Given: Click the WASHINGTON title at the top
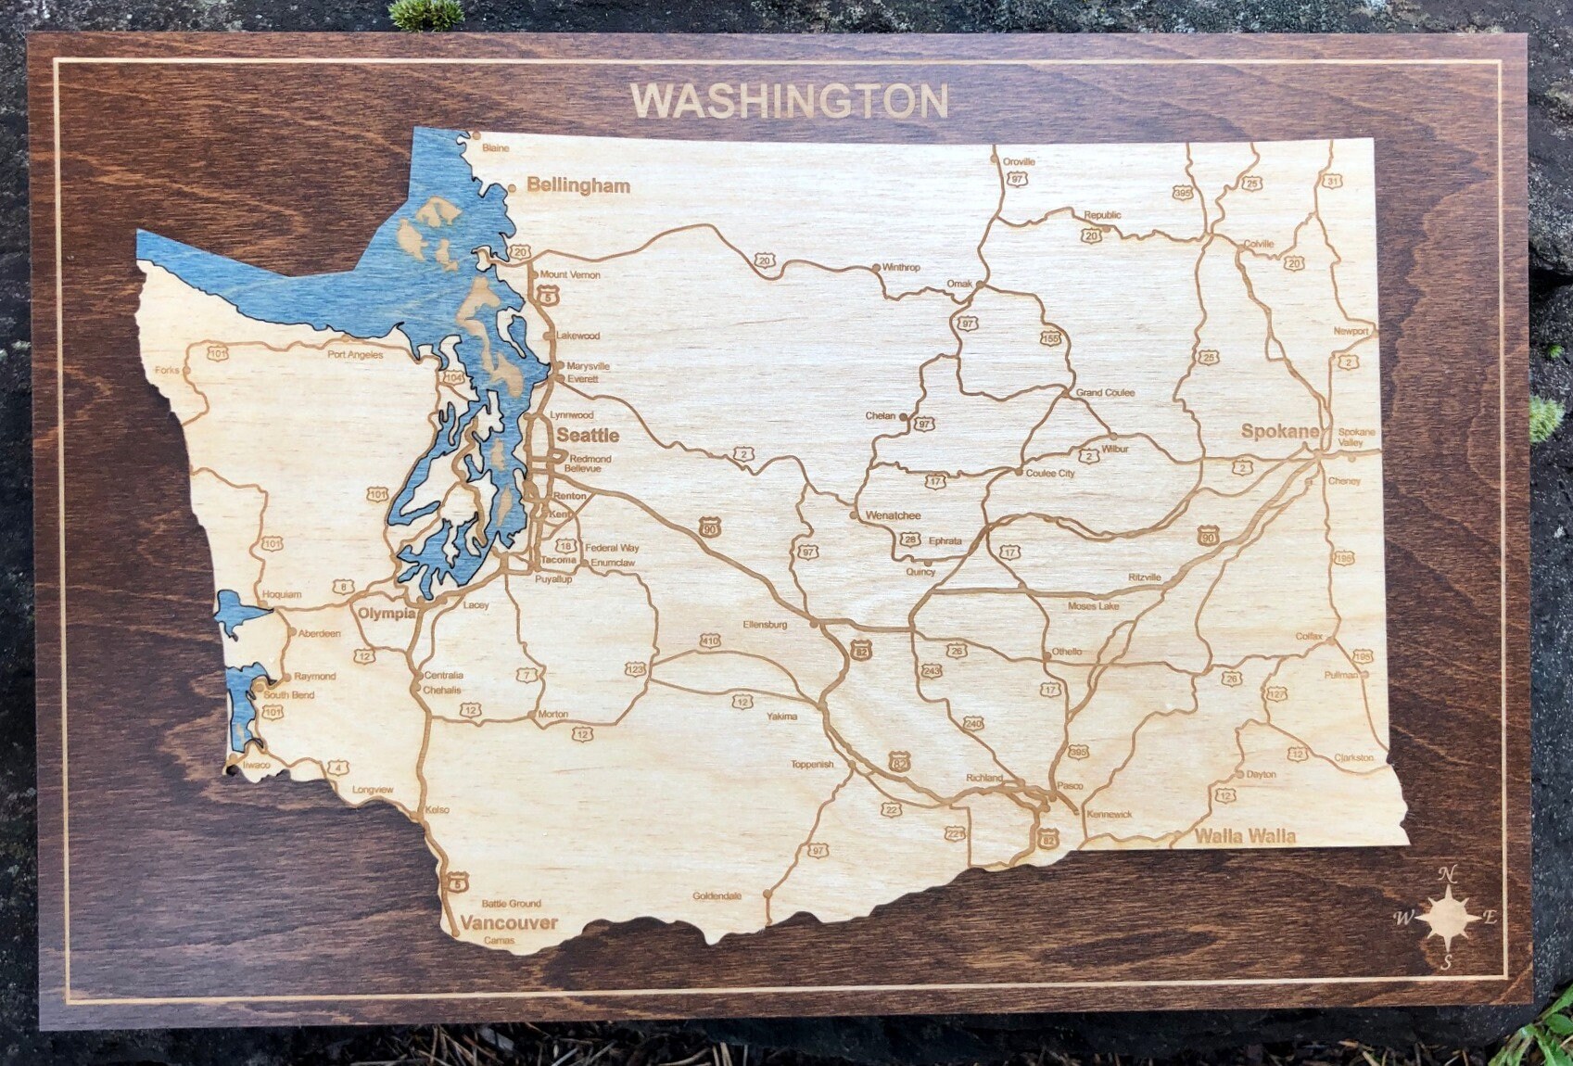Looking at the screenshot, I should point(790,101).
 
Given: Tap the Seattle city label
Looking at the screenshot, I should point(588,435).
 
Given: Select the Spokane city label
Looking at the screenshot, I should point(1279,431).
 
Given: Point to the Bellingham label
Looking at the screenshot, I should point(578,185).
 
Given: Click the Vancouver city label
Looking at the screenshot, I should point(509,922).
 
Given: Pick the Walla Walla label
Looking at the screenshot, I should point(1244,835).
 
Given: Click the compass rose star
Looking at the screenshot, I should point(1448,917).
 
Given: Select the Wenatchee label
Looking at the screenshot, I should point(893,515).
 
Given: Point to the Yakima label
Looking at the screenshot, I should point(781,717).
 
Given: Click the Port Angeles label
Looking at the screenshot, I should point(355,354).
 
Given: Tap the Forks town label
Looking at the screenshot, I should point(167,370).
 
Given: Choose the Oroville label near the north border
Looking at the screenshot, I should point(1019,161).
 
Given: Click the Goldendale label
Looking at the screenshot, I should point(717,896).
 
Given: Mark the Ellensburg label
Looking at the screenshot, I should point(765,625).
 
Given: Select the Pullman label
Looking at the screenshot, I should point(1340,676).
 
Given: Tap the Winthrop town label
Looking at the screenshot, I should point(901,267).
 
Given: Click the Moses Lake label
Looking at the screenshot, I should point(1093,606).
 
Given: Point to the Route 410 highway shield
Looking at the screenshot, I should point(710,641).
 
